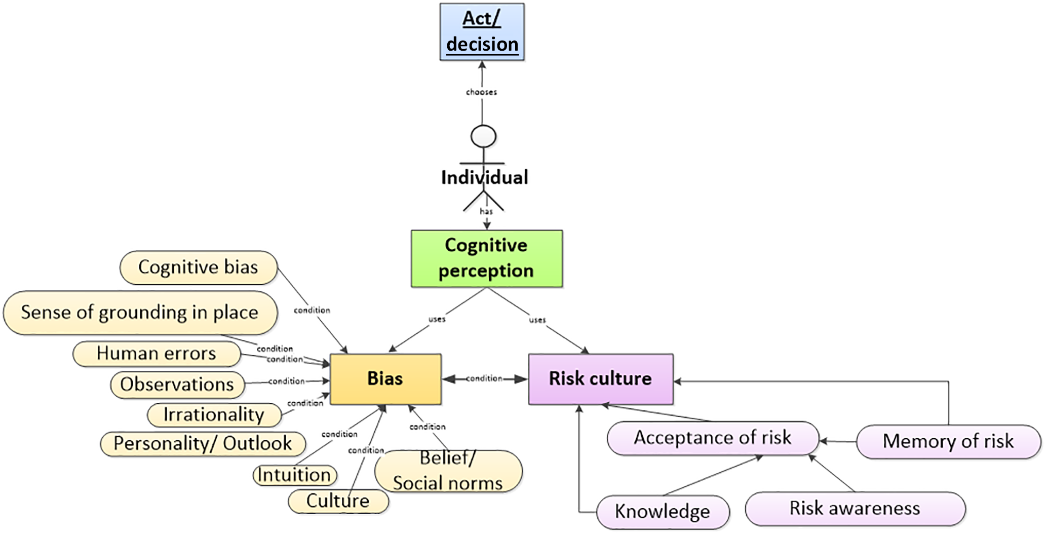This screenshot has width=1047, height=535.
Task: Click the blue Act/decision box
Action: [482, 32]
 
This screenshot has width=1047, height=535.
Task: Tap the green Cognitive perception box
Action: [486, 258]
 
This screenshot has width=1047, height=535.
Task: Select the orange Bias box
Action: [385, 379]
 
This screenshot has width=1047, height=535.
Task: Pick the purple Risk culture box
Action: [601, 379]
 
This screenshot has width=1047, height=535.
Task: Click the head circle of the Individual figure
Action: [483, 136]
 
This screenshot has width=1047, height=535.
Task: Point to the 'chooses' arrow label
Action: [481, 92]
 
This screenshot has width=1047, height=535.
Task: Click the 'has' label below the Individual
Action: [486, 211]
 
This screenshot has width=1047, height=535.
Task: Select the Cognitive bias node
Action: [198, 267]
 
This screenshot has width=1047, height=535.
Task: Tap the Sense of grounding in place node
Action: [140, 312]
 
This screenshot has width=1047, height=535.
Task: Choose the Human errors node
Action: [157, 353]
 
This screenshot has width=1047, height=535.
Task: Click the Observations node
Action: [177, 385]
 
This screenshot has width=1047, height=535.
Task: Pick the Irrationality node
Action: [214, 415]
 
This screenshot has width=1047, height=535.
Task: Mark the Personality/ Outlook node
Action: [203, 444]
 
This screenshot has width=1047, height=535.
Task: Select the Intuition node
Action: [294, 475]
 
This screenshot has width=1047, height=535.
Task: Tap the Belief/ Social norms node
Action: [448, 471]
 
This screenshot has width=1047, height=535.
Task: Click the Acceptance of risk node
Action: [712, 438]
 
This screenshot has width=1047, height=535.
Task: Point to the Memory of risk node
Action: [948, 441]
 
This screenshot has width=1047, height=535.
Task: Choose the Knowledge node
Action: [663, 512]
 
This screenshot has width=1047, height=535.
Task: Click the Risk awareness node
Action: [855, 508]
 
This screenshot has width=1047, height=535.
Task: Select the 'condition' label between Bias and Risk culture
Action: [484, 378]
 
